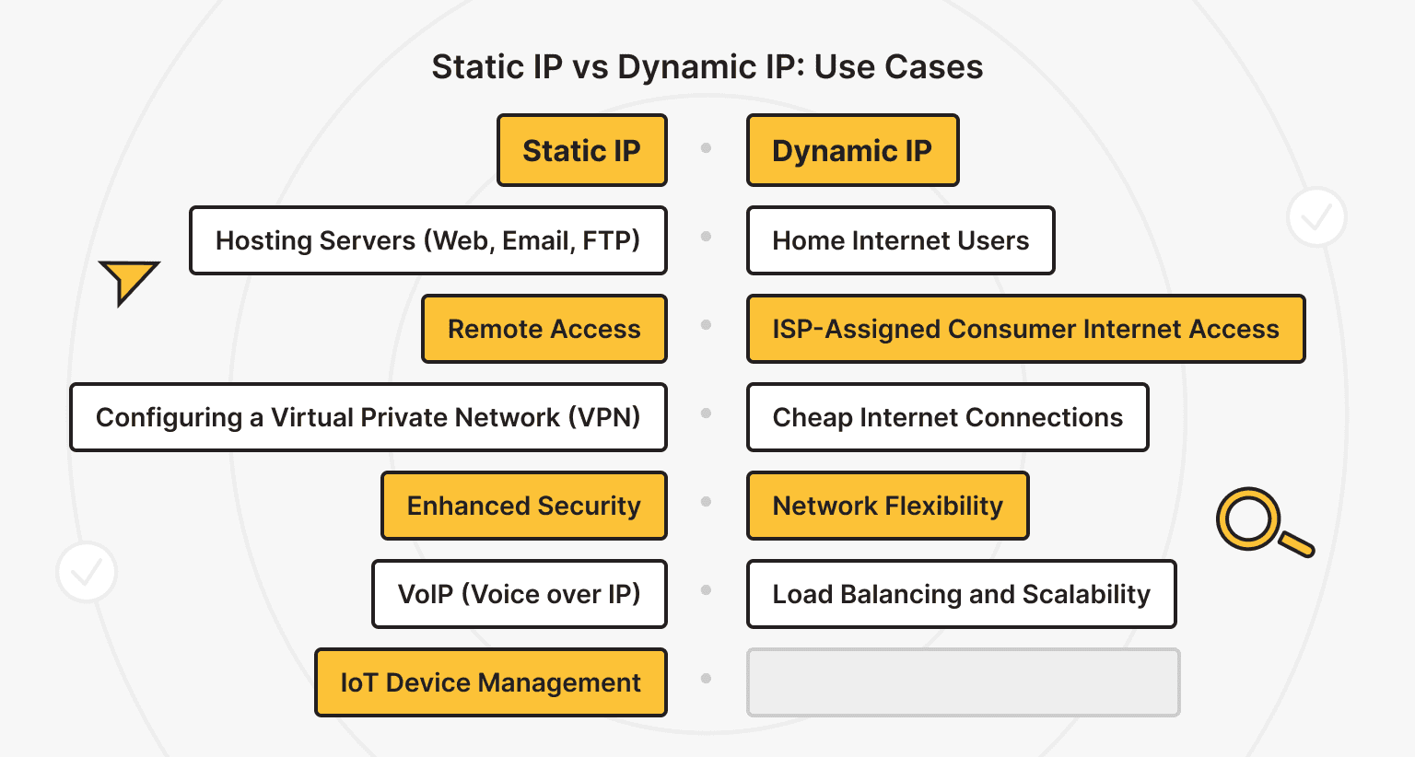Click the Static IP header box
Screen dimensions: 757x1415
tap(581, 150)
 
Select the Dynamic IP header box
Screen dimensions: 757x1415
tap(852, 150)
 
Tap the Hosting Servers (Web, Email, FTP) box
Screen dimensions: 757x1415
tap(427, 240)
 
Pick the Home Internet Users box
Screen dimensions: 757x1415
tap(900, 240)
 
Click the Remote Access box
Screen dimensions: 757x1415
tap(544, 329)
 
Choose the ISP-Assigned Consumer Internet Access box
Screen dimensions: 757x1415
tap(1025, 329)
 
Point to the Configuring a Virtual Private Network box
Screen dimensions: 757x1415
tap(368, 417)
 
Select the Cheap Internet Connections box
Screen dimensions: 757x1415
tap(947, 417)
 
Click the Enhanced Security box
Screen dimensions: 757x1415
tap(523, 506)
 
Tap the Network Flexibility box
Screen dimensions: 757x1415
tap(887, 506)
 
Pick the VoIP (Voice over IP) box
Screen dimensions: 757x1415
tap(519, 594)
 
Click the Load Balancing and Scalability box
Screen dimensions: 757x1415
tap(961, 594)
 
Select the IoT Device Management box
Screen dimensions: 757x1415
tap(490, 682)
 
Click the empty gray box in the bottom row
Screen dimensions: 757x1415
tap(963, 682)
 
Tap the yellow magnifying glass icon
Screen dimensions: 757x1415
tap(1259, 521)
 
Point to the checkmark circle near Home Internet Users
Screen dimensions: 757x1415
tap(1316, 217)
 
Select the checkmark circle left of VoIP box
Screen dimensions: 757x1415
tap(87, 572)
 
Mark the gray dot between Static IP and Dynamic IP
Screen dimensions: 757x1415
tap(706, 147)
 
